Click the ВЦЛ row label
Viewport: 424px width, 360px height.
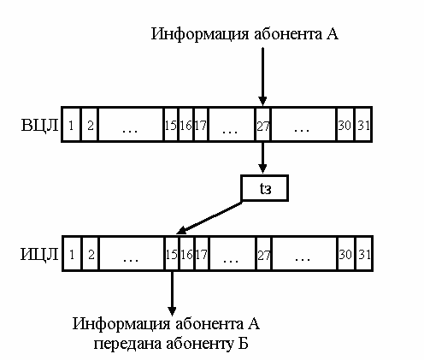click(39, 125)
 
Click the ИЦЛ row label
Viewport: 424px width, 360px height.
click(39, 254)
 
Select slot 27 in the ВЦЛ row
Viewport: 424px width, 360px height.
click(262, 125)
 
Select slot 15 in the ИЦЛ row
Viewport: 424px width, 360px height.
click(172, 253)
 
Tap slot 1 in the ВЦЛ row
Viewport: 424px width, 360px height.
click(71, 125)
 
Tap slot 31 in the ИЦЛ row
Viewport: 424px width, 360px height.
click(364, 253)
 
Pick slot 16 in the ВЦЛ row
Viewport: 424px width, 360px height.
click(185, 125)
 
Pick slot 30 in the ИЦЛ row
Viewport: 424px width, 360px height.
click(346, 253)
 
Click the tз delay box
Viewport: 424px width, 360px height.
click(265, 188)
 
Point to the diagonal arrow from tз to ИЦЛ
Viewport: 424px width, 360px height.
click(209, 218)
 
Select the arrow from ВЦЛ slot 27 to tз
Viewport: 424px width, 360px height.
click(262, 157)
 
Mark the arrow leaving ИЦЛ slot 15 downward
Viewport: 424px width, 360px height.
click(172, 293)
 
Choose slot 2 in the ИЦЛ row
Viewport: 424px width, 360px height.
click(91, 253)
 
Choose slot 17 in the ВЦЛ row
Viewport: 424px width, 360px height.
click(201, 125)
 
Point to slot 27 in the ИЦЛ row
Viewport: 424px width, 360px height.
click(264, 253)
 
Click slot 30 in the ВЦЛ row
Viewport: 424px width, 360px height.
click(344, 125)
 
